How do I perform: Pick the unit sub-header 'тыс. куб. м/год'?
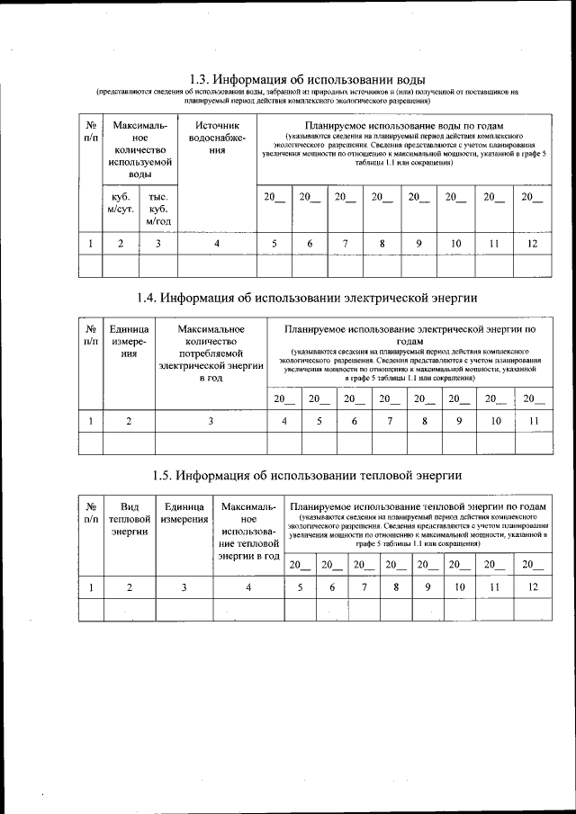click(157, 208)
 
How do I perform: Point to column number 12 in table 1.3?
click(532, 243)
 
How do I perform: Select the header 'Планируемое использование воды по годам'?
click(403, 125)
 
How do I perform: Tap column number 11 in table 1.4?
click(534, 420)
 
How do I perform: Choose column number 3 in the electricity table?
click(211, 420)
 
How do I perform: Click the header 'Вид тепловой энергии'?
click(129, 519)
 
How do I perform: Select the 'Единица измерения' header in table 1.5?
click(184, 513)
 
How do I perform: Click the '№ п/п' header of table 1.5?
click(90, 513)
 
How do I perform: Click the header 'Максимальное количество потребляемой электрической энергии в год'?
click(211, 353)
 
